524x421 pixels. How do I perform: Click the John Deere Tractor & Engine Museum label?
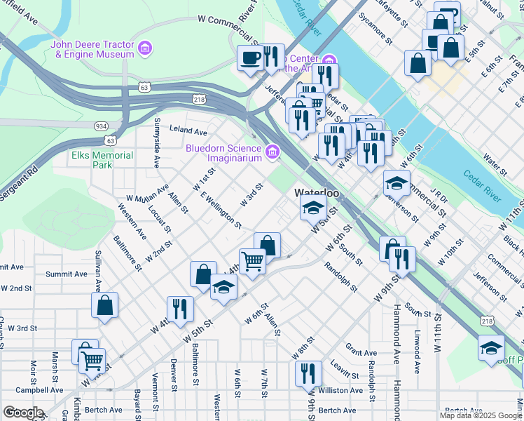click(92, 48)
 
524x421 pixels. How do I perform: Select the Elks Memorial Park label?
click(102, 160)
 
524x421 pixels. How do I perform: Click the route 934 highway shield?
click(102, 126)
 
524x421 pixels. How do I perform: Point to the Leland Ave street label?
click(189, 131)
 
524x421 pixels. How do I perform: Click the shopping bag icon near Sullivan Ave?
click(104, 305)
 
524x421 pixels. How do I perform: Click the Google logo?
click(22, 412)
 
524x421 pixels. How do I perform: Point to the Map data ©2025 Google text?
click(481, 415)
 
